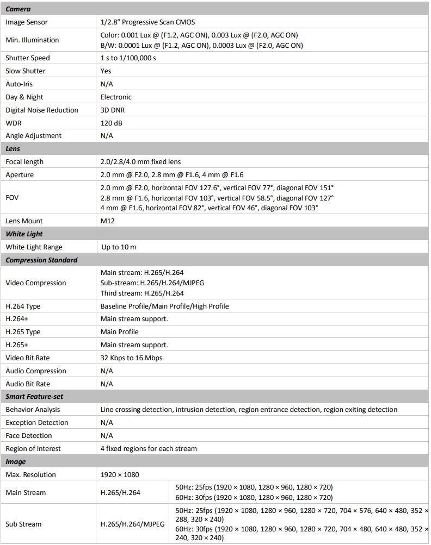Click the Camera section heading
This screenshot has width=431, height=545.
[18, 9]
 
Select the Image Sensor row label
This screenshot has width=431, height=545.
[27, 22]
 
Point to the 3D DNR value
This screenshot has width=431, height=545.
[113, 110]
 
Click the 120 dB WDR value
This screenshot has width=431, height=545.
[112, 123]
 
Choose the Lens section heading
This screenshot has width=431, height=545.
[13, 148]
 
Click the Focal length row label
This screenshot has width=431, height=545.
[24, 162]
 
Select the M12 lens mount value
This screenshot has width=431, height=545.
[107, 221]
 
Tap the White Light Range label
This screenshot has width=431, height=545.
[34, 247]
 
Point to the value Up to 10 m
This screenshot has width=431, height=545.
[119, 247]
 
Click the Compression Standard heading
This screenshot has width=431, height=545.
[41, 260]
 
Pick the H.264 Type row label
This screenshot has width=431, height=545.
[23, 306]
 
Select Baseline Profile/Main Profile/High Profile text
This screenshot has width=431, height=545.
[164, 306]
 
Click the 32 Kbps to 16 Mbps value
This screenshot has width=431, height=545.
[131, 358]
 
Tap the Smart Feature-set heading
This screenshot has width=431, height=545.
[34, 397]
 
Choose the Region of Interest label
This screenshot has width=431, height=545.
[33, 449]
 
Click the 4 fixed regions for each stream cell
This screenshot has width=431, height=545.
[149, 449]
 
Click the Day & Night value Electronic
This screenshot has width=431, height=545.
[116, 97]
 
